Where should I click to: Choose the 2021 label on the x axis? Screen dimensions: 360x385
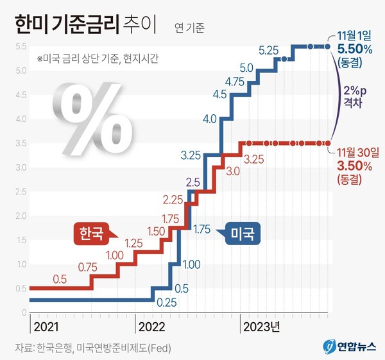[46, 327]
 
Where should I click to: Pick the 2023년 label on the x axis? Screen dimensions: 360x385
[261, 327]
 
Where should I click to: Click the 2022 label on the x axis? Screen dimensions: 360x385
[152, 327]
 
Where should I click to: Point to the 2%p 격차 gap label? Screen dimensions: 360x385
[356, 96]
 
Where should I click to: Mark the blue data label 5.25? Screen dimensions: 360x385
[268, 49]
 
